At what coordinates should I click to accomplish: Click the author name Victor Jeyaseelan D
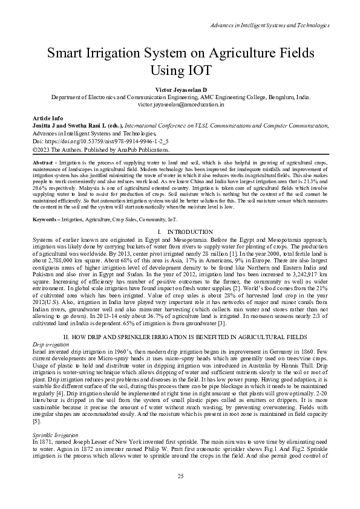(x=180, y=89)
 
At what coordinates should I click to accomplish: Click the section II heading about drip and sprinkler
(x=180, y=336)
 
